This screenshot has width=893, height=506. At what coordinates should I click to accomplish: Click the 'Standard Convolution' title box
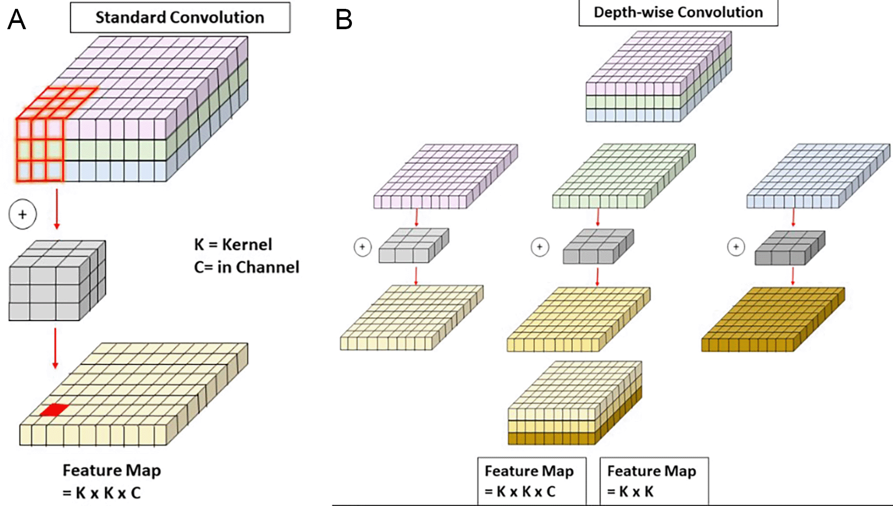point(180,18)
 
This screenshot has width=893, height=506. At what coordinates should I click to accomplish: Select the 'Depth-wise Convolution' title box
point(678,13)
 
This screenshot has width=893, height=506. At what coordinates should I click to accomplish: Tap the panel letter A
point(16,20)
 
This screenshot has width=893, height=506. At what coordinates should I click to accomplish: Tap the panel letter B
point(344,20)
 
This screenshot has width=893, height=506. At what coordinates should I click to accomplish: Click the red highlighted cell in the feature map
point(54,410)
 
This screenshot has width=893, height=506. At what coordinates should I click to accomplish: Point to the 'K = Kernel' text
point(233,244)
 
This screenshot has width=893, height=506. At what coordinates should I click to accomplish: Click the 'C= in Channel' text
point(247,267)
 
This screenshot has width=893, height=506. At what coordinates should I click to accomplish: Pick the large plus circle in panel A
point(22,214)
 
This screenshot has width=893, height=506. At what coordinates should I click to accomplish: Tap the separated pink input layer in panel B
point(445,177)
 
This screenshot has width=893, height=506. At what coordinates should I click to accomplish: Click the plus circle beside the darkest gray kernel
point(736,247)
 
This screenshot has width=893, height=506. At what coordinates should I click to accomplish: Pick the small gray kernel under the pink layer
point(413,245)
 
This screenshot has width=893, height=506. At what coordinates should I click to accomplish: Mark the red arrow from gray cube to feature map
point(55,348)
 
